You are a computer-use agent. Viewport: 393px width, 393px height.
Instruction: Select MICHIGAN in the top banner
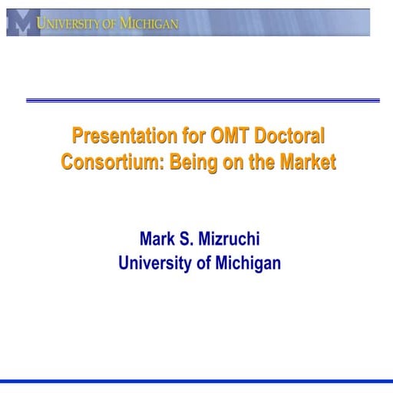148,24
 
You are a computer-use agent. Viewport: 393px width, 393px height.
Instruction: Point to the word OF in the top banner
110,24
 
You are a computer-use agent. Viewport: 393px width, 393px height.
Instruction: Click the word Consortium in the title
107,162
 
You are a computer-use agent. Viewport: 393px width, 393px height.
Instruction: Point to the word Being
192,162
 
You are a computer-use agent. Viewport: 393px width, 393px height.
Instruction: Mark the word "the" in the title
266,162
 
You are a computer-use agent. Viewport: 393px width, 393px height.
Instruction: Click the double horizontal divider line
203,100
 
